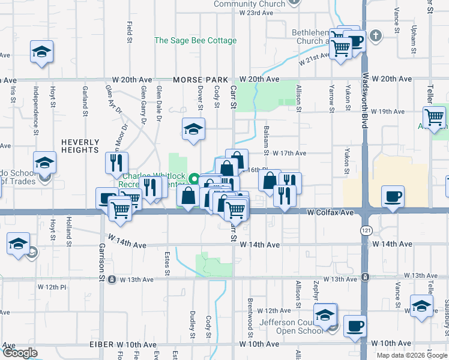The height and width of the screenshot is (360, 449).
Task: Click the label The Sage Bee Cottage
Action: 196,41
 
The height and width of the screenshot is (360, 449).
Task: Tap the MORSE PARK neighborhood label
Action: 201,80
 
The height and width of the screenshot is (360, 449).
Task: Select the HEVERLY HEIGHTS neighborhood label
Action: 80,147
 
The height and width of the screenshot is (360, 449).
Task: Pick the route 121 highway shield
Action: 364,230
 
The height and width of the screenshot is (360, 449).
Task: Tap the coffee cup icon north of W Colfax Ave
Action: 393,196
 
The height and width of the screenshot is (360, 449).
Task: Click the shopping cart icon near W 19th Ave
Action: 434,116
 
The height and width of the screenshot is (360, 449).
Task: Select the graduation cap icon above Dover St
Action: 193,128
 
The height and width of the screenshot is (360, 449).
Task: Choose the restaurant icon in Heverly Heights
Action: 116,162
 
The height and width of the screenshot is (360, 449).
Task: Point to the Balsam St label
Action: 264,137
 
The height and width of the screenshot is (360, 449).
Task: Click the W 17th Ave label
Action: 289,154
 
